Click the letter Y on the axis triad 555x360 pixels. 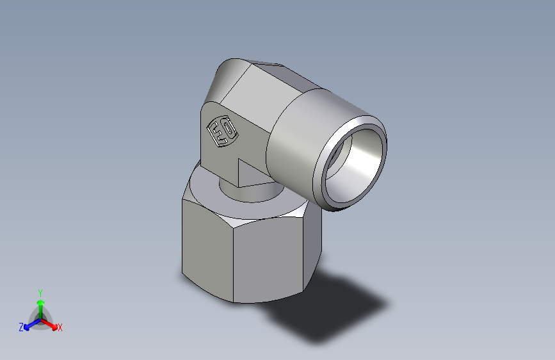coord(40,291)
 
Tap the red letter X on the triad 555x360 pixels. coord(60,328)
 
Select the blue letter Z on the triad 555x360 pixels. coord(21,327)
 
